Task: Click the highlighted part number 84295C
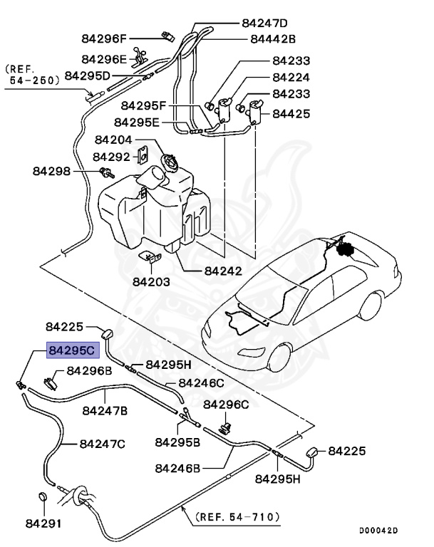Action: pos(71,350)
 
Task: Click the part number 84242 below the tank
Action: pos(223,271)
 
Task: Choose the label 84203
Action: pos(151,281)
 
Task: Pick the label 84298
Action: pos(52,171)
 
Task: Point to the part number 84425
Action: pos(291,113)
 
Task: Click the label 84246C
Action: pos(201,383)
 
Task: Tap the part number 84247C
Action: pos(102,444)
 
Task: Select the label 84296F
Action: pos(103,38)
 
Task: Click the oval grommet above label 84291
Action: pos(42,498)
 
